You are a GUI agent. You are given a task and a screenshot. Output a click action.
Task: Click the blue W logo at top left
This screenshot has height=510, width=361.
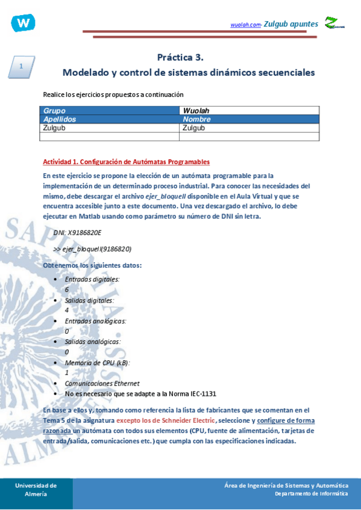pos(23,23)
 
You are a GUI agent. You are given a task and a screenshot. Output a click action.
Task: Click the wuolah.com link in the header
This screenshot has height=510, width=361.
pos(245,25)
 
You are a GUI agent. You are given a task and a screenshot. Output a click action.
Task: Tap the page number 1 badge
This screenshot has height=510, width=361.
pos(21,67)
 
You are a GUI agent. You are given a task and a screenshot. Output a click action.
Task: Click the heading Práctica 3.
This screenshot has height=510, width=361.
pos(180,58)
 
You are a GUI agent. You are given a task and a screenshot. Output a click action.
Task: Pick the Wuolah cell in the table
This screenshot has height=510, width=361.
pos(195,111)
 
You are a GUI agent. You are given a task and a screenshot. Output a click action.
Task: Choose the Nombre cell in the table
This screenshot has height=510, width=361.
pos(196,119)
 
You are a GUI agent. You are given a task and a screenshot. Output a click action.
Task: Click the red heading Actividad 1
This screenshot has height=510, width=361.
pos(127,162)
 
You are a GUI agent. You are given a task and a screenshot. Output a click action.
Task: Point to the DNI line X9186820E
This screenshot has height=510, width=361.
pos(78,232)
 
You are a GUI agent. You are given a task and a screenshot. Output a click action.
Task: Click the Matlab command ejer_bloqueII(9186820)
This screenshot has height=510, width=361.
pos(92,248)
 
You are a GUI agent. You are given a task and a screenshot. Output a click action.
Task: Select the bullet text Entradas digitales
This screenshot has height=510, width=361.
pos(92,279)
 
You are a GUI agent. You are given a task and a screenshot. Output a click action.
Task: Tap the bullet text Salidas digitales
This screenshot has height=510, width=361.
pos(89,300)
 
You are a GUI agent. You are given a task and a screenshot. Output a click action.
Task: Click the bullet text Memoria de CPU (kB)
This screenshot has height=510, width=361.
pos(97,363)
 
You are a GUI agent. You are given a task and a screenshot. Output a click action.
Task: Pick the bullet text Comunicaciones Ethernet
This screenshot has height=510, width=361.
pos(102,383)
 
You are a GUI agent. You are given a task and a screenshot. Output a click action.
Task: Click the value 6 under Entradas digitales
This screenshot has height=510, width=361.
pos(67,289)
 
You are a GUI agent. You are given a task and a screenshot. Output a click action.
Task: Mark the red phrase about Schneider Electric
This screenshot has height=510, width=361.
pos(165,420)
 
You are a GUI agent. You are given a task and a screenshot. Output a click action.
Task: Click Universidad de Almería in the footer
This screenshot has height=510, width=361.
pos(36,490)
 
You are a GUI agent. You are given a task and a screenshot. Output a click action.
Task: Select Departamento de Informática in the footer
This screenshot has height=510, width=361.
pos(311,494)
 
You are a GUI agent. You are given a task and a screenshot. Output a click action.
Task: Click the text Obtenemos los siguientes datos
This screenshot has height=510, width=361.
pos(93,265)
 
